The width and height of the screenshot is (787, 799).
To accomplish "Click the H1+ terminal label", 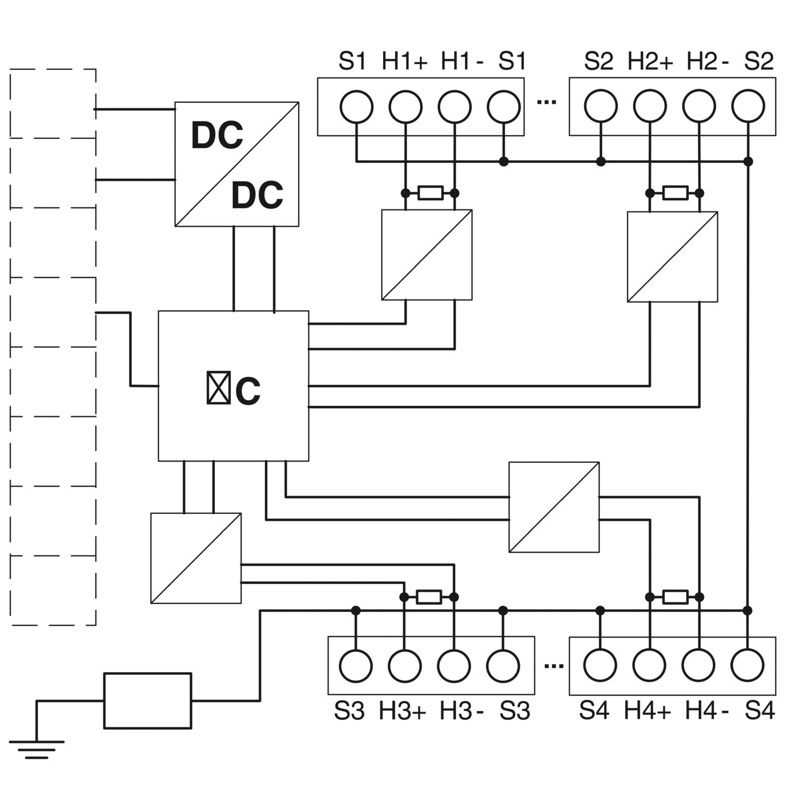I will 404,62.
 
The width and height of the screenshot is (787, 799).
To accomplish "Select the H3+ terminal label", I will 402,711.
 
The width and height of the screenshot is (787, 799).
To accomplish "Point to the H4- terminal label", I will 707,711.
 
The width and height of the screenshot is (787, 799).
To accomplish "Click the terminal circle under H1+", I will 405,107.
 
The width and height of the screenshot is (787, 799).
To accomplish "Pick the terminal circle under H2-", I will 699,107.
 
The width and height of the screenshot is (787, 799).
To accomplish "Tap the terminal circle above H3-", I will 454,666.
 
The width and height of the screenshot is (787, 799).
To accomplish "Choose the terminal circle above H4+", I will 650,666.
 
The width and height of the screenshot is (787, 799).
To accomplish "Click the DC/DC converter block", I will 237,164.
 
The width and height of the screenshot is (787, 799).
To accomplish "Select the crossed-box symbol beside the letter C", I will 218,387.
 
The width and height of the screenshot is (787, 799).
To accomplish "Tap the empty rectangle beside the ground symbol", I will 148,700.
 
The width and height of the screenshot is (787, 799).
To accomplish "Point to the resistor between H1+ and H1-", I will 430,193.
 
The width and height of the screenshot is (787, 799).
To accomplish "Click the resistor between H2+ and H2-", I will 675,193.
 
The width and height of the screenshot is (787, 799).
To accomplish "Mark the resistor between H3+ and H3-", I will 429,597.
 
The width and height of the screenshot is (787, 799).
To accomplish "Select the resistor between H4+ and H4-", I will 675,597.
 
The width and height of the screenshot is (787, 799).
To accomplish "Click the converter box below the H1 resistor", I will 427,255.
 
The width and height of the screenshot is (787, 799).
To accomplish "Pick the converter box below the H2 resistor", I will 672,257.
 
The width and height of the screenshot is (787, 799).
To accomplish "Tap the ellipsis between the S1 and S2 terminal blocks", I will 547,101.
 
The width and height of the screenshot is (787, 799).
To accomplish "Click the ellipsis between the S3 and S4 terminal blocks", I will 554,665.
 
